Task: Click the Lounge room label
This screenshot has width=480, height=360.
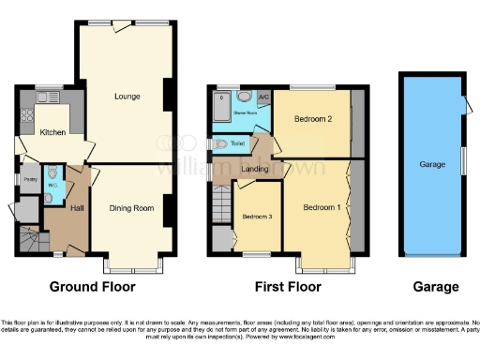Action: tap(127, 96)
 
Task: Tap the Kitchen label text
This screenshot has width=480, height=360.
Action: tap(52, 133)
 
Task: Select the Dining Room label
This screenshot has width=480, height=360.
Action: tap(130, 208)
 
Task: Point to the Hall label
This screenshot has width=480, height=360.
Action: tap(78, 207)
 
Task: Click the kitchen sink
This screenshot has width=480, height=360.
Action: tap(45, 97)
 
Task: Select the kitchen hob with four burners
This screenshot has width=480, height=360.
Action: tap(24, 115)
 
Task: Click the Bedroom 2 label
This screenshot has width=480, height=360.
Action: tap(311, 120)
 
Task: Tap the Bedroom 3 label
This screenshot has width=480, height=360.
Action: tap(256, 217)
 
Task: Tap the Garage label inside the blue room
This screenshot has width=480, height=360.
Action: tap(431, 165)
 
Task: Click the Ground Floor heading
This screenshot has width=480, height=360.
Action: tap(92, 287)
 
